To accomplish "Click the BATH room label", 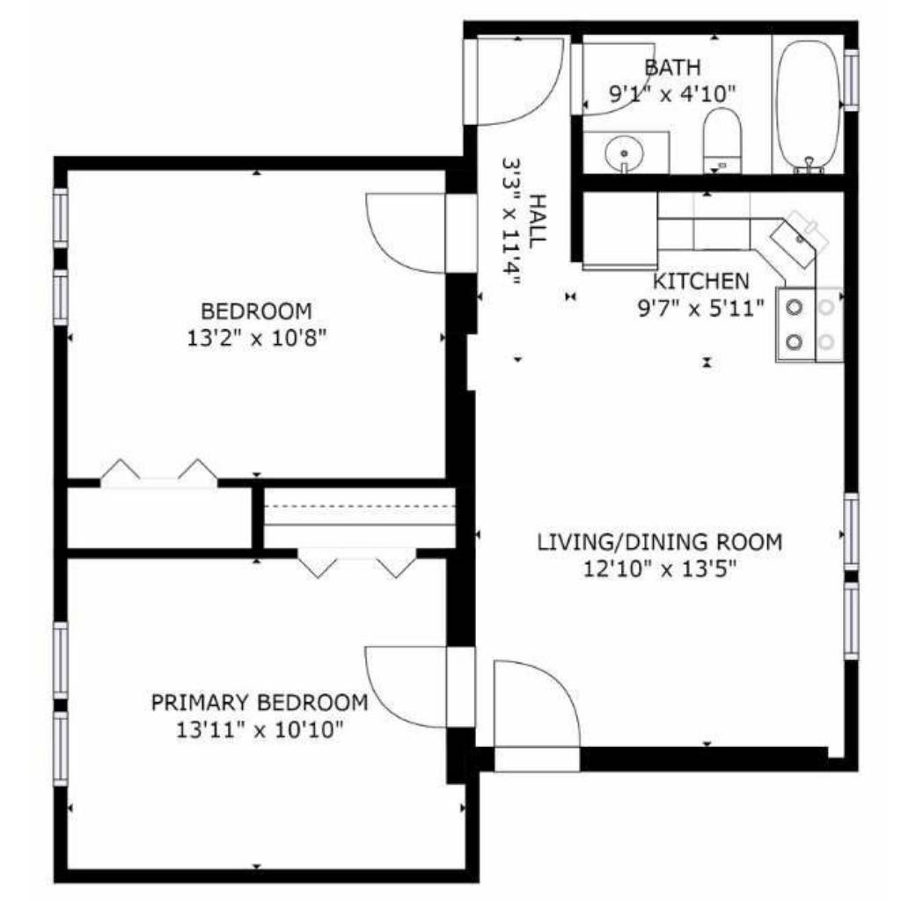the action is (x=672, y=68).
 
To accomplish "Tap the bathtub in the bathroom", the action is (x=807, y=106).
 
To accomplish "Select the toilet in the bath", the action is (x=722, y=142).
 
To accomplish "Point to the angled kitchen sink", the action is (x=800, y=237).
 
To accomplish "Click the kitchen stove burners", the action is (x=809, y=325).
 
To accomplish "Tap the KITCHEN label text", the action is (x=701, y=282).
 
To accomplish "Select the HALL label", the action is (x=537, y=221).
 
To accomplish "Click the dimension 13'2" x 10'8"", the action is (x=256, y=339).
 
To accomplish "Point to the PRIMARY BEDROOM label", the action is (x=260, y=702).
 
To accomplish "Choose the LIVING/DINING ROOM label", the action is (x=660, y=542).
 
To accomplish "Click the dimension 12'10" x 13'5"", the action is (x=660, y=569).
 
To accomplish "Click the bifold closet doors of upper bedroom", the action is (x=159, y=472).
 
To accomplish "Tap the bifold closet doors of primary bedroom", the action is (x=357, y=563).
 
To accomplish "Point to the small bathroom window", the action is (x=851, y=79).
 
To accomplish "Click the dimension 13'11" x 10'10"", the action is (x=260, y=730).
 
